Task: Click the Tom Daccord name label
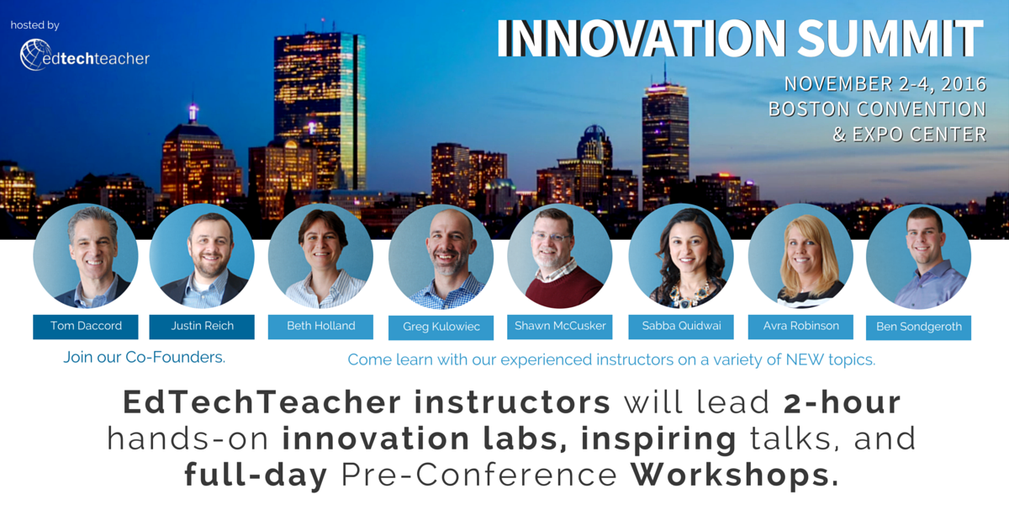pyautogui.click(x=85, y=326)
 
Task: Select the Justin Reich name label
pyautogui.click(x=202, y=326)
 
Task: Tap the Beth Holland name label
pyautogui.click(x=320, y=326)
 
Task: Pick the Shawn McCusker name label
pyautogui.click(x=559, y=326)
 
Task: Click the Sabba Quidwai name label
pyautogui.click(x=681, y=326)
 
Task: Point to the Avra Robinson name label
pyautogui.click(x=800, y=326)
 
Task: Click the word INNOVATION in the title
pyautogui.click(x=639, y=38)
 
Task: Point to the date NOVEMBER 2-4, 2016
pyautogui.click(x=885, y=84)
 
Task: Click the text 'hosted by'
pyautogui.click(x=35, y=25)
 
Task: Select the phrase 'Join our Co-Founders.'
pyautogui.click(x=144, y=357)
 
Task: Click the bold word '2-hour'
pyautogui.click(x=842, y=402)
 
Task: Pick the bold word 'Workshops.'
pyautogui.click(x=734, y=476)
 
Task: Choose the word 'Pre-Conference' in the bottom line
pyautogui.click(x=480, y=476)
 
